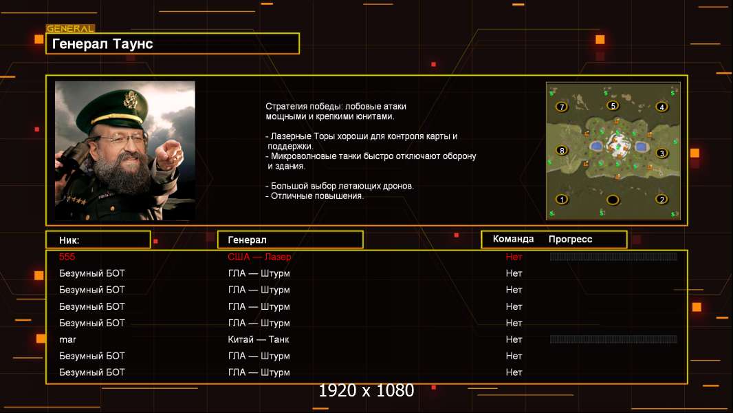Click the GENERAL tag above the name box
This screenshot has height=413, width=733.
click(x=70, y=28)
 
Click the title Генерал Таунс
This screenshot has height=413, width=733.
click(x=102, y=44)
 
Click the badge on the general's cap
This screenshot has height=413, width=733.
click(x=130, y=100)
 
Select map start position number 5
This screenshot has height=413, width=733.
click(x=613, y=106)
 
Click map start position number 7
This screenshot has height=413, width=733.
click(x=561, y=107)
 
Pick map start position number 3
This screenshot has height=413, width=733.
click(x=661, y=153)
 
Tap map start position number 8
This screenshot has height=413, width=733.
click(x=561, y=151)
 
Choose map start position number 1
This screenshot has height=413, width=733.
click(x=561, y=199)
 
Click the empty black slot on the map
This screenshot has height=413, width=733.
click(x=613, y=200)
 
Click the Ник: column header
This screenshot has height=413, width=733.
click(x=69, y=240)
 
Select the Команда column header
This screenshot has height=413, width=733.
click(x=513, y=239)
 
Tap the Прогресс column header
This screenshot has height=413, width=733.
click(x=570, y=240)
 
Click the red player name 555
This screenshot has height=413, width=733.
click(x=67, y=257)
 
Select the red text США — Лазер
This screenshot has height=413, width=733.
click(x=259, y=257)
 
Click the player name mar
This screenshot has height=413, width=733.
click(x=67, y=340)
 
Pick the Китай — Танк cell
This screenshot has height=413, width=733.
click(x=259, y=339)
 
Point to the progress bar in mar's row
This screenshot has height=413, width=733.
click(x=613, y=339)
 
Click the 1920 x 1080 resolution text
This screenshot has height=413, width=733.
click(x=366, y=390)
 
